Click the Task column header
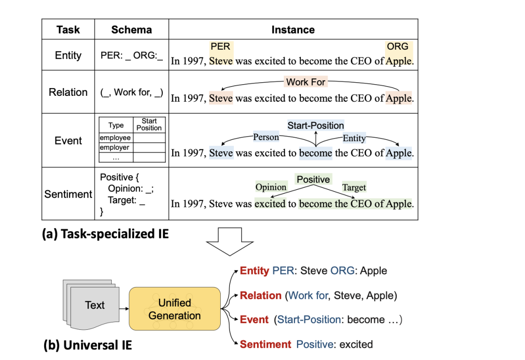(x=68, y=30)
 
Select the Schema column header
(x=131, y=30)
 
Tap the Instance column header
(x=293, y=30)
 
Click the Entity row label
(x=68, y=55)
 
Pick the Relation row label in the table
(x=68, y=92)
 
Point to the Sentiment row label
(x=68, y=194)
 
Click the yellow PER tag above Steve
(x=220, y=47)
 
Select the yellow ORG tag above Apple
(x=398, y=47)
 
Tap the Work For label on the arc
(x=306, y=82)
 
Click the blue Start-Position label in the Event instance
(x=315, y=126)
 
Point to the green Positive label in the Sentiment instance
(x=313, y=180)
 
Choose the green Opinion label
(x=271, y=187)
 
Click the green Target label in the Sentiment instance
(x=354, y=187)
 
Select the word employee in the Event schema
(x=115, y=138)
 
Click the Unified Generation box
(x=175, y=309)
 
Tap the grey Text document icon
(x=92, y=305)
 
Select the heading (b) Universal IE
(x=87, y=346)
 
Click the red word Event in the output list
(x=254, y=320)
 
